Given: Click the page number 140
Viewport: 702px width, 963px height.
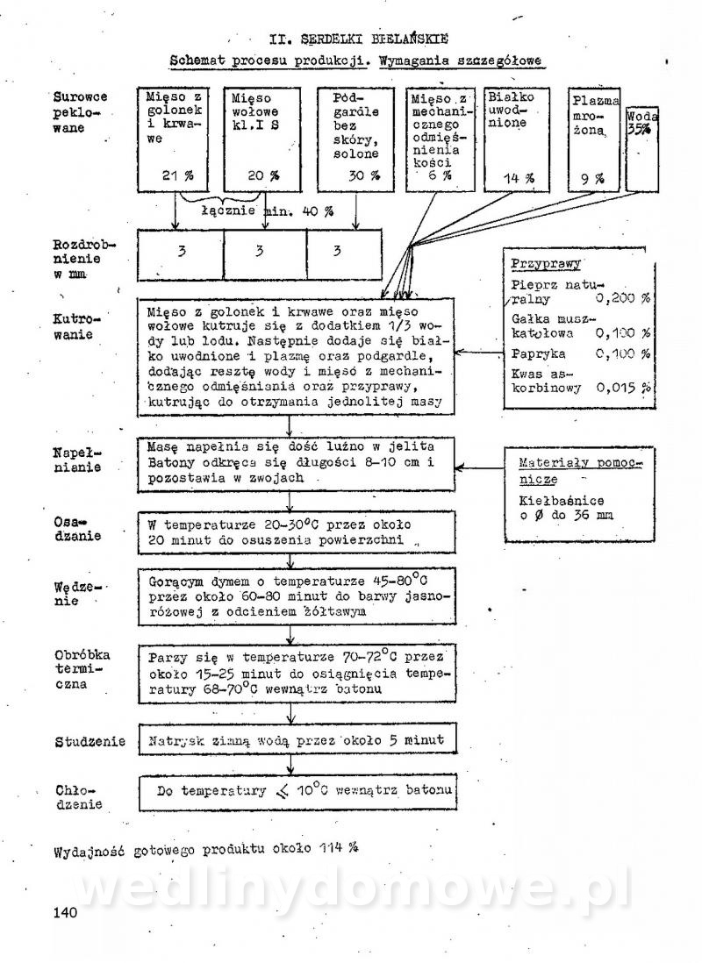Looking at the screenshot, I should pyautogui.click(x=66, y=912).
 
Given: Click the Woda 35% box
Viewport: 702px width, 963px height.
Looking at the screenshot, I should pyautogui.click(x=643, y=149).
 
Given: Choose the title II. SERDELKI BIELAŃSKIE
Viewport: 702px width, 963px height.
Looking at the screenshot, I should pyautogui.click(x=360, y=39).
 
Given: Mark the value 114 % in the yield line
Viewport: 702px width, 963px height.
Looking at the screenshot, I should pyautogui.click(x=340, y=849).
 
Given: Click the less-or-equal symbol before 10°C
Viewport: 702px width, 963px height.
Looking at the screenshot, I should pyautogui.click(x=281, y=792).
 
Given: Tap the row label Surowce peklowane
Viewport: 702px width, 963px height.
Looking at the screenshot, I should pyautogui.click(x=77, y=112).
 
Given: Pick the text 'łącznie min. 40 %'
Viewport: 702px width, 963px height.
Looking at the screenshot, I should pyautogui.click(x=267, y=211).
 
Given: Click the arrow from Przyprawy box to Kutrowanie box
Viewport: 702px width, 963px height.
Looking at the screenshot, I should pyautogui.click(x=478, y=353).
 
